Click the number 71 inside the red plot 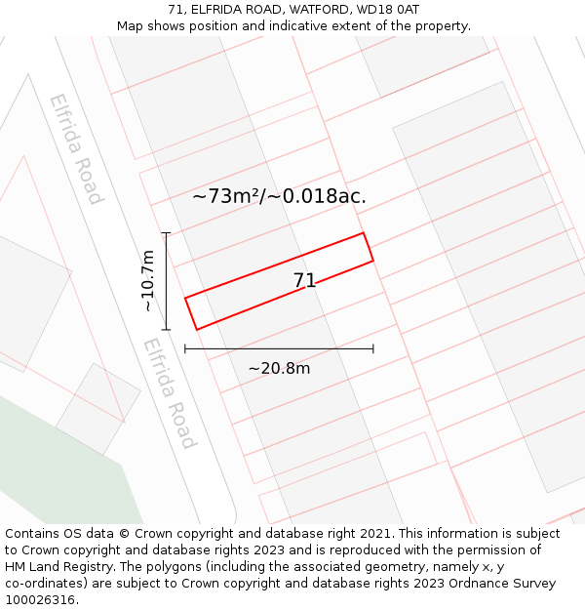304,281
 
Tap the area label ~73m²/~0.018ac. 279,196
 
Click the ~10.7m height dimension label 147,281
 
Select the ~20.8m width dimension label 279,368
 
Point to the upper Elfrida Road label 76,148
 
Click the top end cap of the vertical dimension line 166,233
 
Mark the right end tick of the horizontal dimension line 373,348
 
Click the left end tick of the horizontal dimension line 185,348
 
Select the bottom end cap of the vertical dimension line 166,330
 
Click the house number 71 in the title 175,10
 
